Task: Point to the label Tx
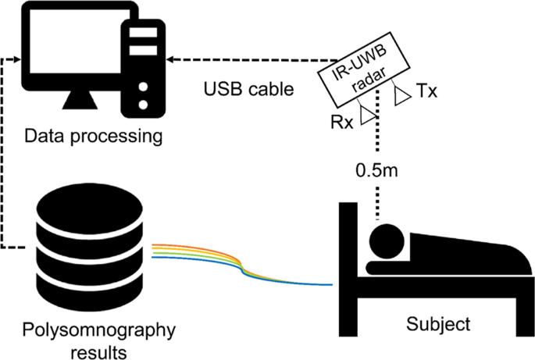tap(426, 91)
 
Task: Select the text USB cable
tap(249, 89)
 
